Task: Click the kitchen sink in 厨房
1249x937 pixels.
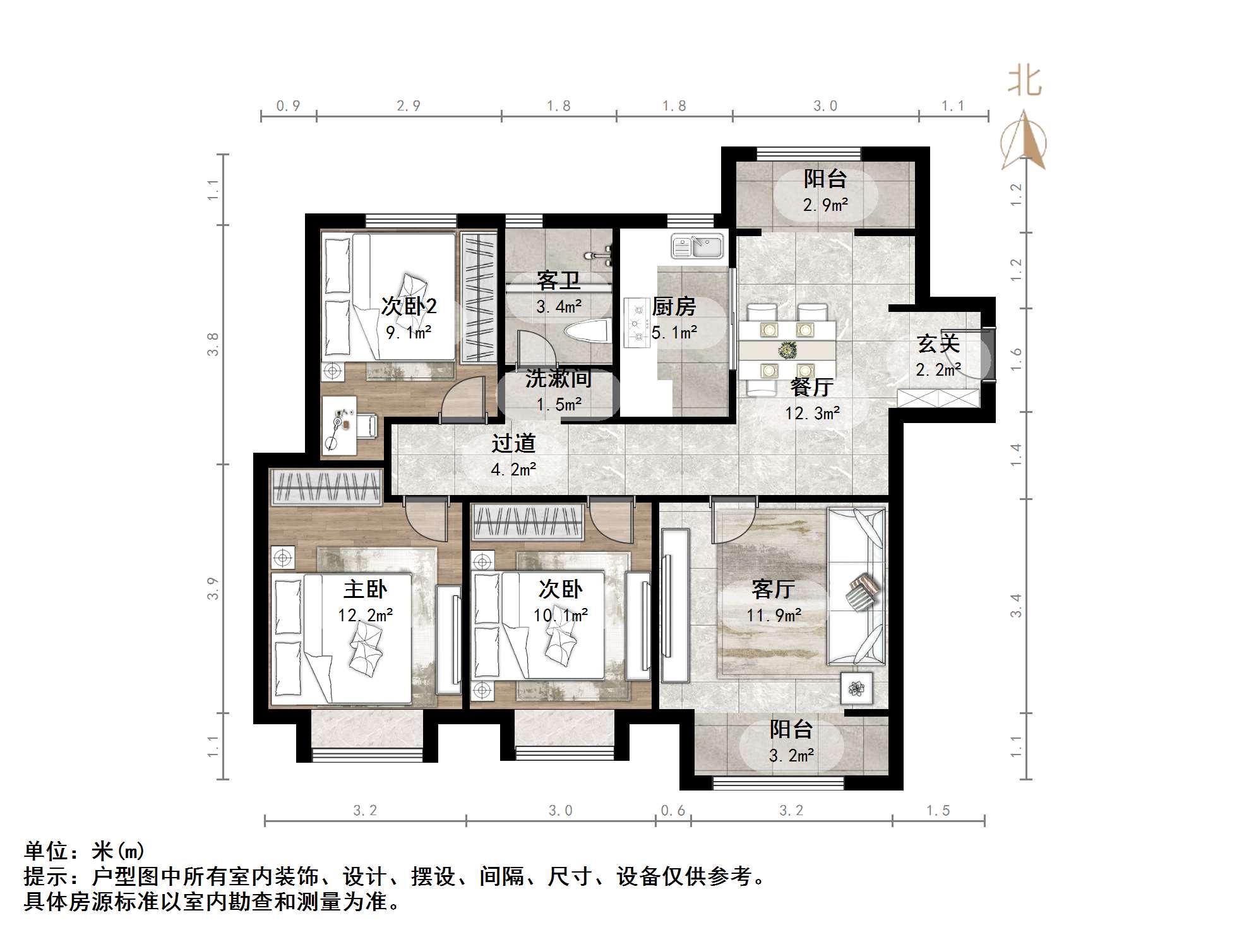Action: pos(697,246)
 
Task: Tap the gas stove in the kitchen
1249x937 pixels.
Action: pos(636,322)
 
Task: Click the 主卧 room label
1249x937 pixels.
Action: pos(365,589)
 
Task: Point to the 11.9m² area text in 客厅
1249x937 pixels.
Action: pos(774,615)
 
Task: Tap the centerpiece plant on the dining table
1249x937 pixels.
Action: pos(787,349)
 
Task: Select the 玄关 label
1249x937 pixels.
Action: pos(938,343)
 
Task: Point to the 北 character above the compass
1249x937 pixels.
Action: pos(1024,82)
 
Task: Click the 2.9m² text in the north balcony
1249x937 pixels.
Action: pos(825,205)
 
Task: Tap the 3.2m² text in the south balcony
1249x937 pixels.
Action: pos(791,755)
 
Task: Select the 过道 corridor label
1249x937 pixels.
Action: pos(513,443)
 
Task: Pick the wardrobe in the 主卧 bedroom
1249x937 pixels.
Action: pos(326,487)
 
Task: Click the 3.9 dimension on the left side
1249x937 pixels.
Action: pos(213,588)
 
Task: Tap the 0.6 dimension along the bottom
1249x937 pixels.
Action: pos(672,810)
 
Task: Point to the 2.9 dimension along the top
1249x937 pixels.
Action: pos(408,106)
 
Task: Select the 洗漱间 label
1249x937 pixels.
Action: pos(558,378)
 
